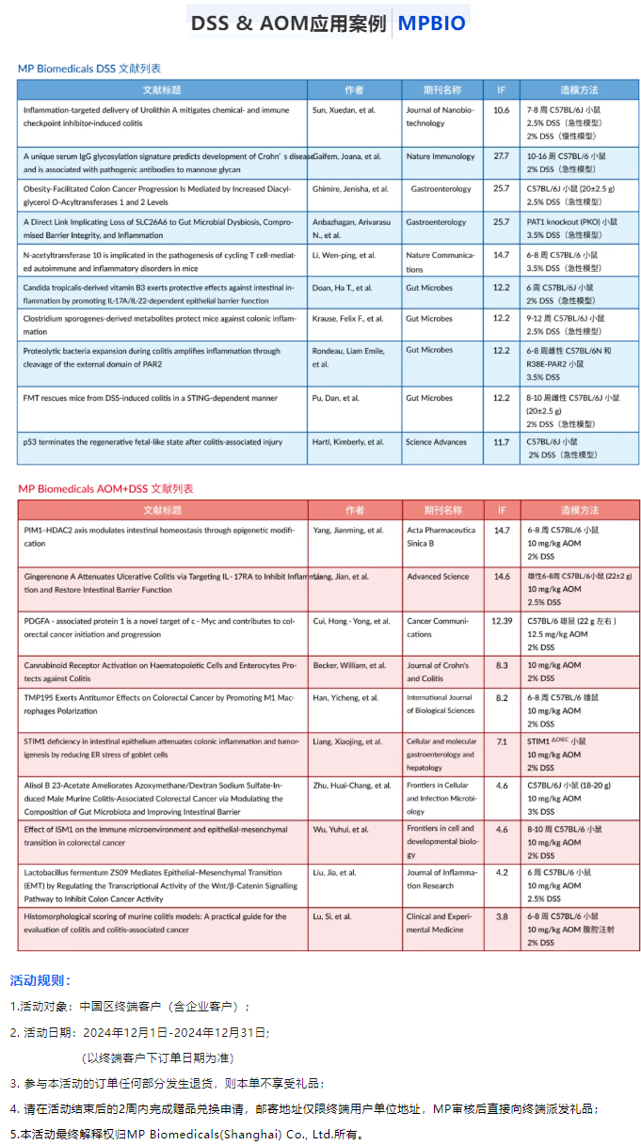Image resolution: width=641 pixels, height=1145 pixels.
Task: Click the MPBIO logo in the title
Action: pos(431,24)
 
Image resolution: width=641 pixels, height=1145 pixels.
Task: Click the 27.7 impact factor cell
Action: pos(501,156)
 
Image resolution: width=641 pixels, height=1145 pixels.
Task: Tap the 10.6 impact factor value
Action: pos(501,110)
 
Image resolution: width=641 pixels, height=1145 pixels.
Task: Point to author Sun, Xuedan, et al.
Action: pos(344,110)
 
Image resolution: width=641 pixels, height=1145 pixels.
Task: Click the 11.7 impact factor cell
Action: pos(501,441)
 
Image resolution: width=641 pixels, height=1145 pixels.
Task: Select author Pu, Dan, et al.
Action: pos(336,398)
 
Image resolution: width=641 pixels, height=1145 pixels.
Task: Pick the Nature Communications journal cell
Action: pos(440,261)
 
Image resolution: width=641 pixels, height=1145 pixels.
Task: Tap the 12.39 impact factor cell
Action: pos(502,621)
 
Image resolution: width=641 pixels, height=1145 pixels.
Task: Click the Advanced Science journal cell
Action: pos(438,577)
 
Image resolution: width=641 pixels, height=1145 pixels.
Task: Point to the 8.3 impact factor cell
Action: pos(502,665)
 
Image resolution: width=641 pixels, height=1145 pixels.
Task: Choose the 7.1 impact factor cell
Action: pos(502,741)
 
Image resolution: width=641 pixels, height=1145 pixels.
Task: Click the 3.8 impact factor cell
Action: pos(502,916)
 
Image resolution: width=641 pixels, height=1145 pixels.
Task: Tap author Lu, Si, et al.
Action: pos(337,916)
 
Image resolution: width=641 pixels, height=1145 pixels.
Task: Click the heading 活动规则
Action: pos(40,980)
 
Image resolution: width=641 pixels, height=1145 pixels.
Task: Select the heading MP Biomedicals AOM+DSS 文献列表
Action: pos(105,488)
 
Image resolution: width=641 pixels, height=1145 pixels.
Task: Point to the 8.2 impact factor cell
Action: pos(502,698)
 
